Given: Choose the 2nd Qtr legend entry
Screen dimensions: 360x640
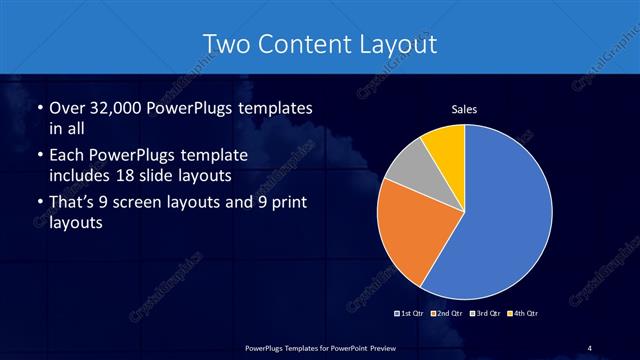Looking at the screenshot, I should pos(447,313).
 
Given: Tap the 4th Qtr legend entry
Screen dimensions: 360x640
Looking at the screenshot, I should pos(523,313).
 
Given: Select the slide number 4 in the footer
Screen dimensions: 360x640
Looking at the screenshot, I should pos(590,347).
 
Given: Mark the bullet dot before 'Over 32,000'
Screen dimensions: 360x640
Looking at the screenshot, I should pos(38,108).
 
